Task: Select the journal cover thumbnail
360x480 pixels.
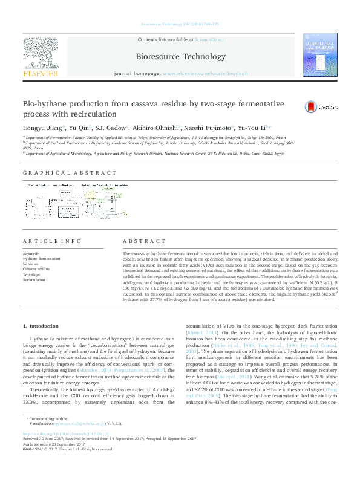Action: pos(321,54)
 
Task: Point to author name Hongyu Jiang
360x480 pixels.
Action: pos(42,128)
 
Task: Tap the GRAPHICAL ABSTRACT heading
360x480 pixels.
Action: pos(70,173)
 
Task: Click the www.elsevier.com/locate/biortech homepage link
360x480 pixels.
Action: pos(206,73)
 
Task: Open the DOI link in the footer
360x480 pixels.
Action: pos(65,450)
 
